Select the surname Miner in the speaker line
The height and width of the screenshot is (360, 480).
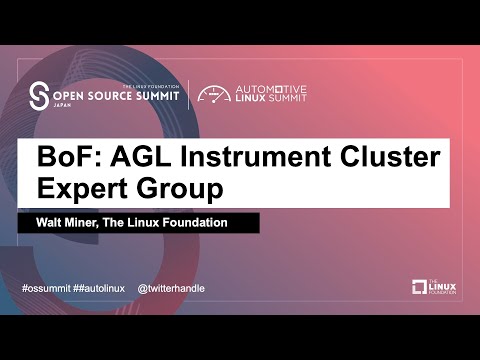[x=90, y=223]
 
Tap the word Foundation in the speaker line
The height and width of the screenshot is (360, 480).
[x=204, y=223]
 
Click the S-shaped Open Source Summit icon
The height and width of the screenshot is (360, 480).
[x=40, y=96]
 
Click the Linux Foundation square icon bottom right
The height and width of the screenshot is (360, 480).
[x=420, y=287]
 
